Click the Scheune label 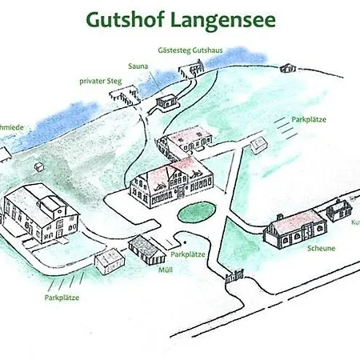point(319,248)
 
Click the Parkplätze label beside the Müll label point(189,254)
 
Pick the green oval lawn point(197,212)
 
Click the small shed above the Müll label point(144,247)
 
